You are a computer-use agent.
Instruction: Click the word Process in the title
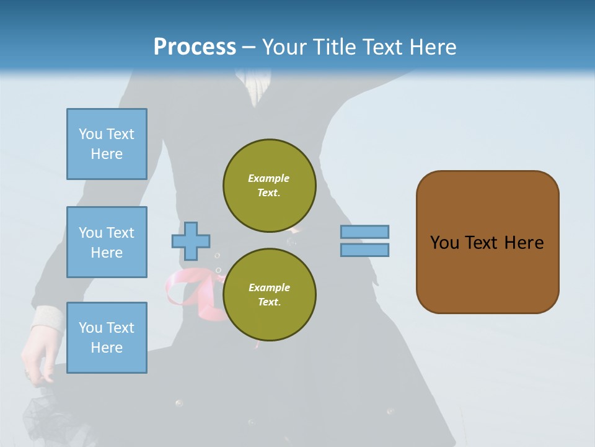pyautogui.click(x=195, y=47)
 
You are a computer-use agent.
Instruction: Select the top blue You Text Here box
pyautogui.click(x=107, y=144)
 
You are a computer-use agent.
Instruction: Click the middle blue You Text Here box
pyautogui.click(x=107, y=242)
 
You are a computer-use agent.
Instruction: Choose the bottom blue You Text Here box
pyautogui.click(x=107, y=337)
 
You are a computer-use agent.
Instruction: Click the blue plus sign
pyautogui.click(x=191, y=241)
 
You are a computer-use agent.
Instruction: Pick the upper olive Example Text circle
pyautogui.click(x=269, y=186)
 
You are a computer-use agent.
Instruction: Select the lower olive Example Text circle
pyautogui.click(x=269, y=295)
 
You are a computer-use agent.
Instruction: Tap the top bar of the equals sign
pyautogui.click(x=364, y=232)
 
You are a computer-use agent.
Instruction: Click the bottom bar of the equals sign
pyautogui.click(x=364, y=250)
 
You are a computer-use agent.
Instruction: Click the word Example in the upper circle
pyautogui.click(x=269, y=178)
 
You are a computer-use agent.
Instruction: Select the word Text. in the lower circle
pyautogui.click(x=269, y=302)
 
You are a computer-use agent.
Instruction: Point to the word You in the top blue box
pyautogui.click(x=90, y=134)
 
